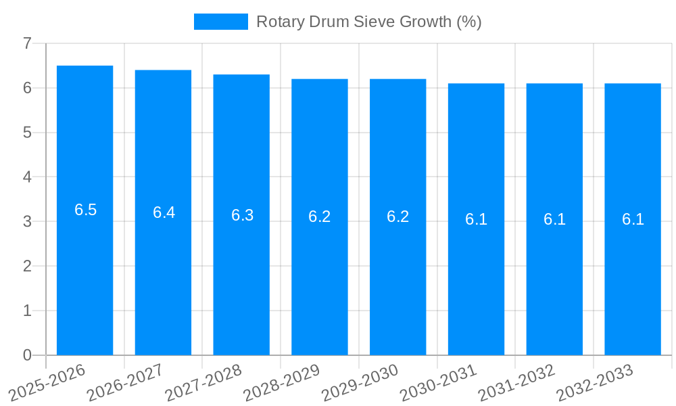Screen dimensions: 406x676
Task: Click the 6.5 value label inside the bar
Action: pyautogui.click(x=85, y=210)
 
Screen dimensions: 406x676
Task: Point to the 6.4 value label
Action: pyautogui.click(x=164, y=212)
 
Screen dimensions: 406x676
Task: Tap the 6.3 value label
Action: pyautogui.click(x=242, y=215)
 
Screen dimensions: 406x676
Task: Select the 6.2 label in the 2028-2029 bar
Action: pyautogui.click(x=320, y=217)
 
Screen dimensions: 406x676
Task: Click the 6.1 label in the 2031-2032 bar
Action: pyautogui.click(x=554, y=219)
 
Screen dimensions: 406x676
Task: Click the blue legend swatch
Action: pyautogui.click(x=220, y=22)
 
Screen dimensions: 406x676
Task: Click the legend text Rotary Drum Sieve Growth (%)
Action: pyautogui.click(x=368, y=22)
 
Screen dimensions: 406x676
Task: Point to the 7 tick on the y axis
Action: pyautogui.click(x=27, y=43)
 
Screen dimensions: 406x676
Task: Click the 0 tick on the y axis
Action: pyautogui.click(x=27, y=355)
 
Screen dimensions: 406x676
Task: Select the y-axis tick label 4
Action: pyautogui.click(x=27, y=177)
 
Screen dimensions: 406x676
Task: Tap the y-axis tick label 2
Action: pyautogui.click(x=27, y=266)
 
